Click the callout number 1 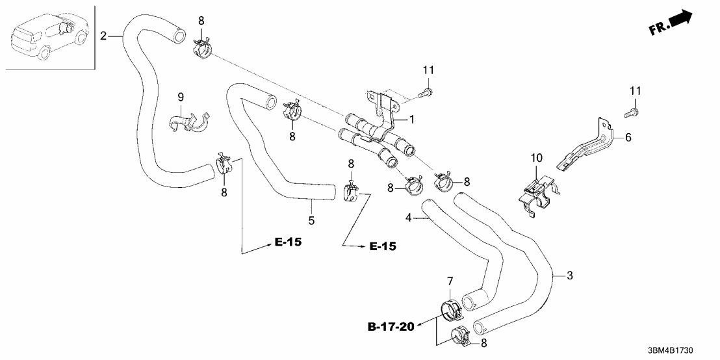[411, 120]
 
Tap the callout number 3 [569, 276]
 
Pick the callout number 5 [312, 221]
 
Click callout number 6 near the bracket [629, 138]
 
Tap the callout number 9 [181, 97]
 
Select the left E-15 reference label [289, 242]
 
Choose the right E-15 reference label [383, 247]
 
